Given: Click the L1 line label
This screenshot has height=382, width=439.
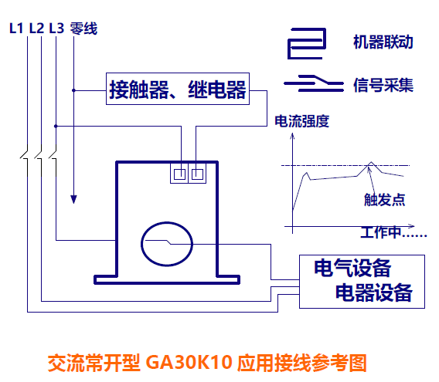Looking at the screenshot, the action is coord(16,29).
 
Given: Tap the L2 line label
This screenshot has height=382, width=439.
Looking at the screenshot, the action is coord(36,29).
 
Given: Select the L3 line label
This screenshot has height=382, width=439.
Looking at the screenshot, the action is coord(56,29).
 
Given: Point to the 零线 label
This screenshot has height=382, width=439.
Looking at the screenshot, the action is coord(83,29).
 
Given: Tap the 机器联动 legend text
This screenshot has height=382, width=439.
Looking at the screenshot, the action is coord(383,42).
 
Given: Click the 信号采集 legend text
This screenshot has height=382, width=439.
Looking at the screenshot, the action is coord(383,85).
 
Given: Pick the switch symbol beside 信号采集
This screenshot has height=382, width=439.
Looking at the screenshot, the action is coord(314,83).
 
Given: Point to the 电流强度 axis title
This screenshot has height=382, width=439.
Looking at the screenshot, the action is coord(301,121).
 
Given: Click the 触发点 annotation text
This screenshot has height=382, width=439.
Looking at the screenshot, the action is coord(384,200).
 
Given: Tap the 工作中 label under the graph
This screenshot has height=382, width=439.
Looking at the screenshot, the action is coord(393,232).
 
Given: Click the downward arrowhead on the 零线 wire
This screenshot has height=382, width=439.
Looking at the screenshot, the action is coord(73,199).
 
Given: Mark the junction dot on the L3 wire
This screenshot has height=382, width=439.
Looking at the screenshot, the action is coord(56,126).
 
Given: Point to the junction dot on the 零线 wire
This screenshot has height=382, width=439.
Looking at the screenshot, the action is coord(73,90).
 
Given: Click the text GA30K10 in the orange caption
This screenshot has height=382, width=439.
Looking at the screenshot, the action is coord(189,363).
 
